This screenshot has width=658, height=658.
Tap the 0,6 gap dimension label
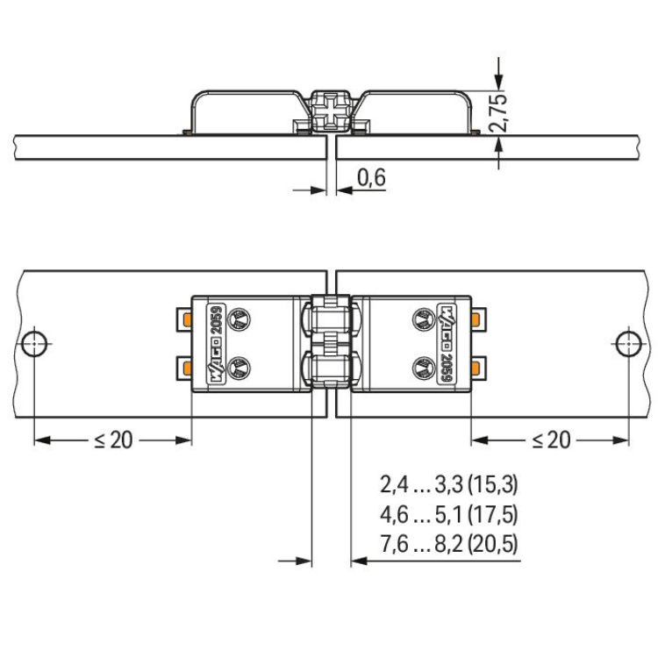pos(371,177)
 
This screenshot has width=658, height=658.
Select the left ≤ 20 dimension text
pos(113,440)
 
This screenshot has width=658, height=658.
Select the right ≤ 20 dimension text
pos(551,440)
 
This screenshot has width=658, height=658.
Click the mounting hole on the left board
pos(34,344)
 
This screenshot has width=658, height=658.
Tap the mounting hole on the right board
pos(628,344)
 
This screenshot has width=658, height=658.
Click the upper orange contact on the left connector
pos(187,320)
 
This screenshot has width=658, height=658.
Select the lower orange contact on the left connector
pos(187,368)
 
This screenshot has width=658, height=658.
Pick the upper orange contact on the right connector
pos(476,319)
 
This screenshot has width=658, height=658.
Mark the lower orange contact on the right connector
pos(476,368)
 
